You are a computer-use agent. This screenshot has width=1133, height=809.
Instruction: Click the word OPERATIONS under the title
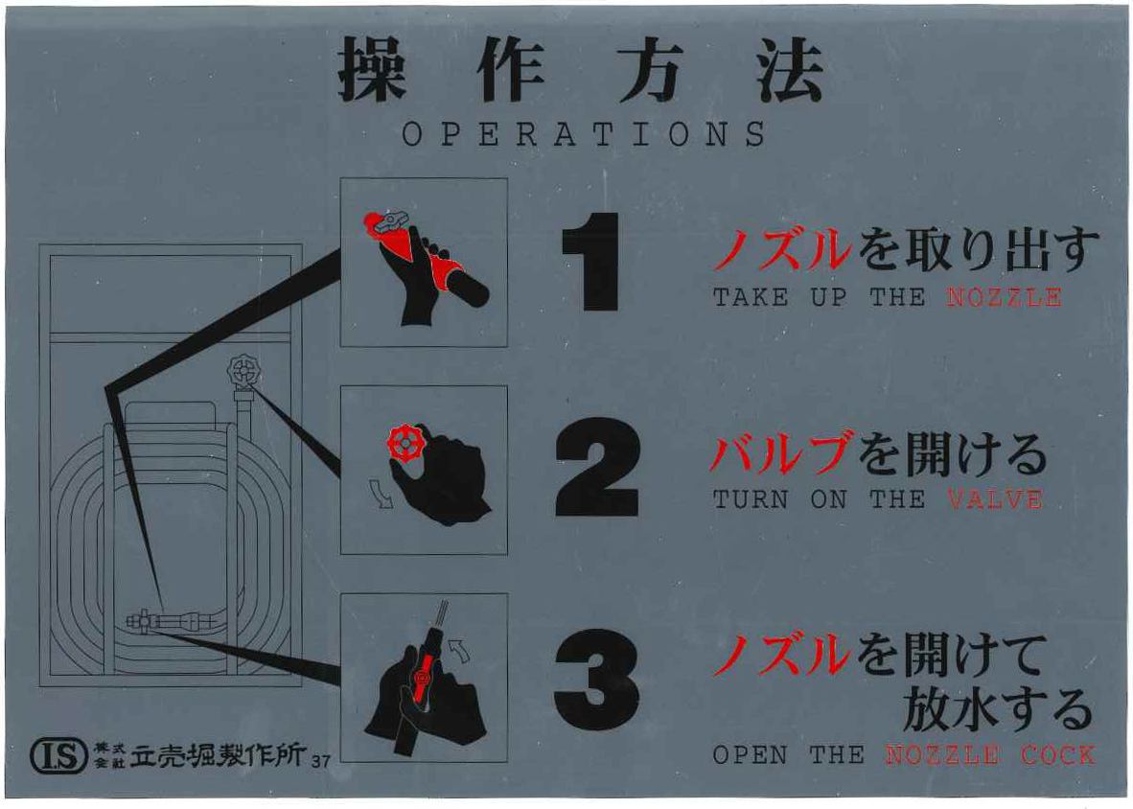(584, 135)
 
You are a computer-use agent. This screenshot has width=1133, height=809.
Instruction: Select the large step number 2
(597, 467)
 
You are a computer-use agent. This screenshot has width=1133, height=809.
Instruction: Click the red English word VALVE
(994, 499)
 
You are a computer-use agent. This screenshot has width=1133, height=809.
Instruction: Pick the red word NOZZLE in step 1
(1004, 297)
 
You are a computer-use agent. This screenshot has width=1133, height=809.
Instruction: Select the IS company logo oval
(59, 755)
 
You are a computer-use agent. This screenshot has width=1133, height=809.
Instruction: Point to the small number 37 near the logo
(321, 761)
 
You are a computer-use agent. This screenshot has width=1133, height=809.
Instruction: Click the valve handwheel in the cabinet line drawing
(244, 372)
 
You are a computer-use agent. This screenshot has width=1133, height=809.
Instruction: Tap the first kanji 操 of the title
(371, 69)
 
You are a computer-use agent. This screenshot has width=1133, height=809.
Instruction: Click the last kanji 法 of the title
(790, 69)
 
